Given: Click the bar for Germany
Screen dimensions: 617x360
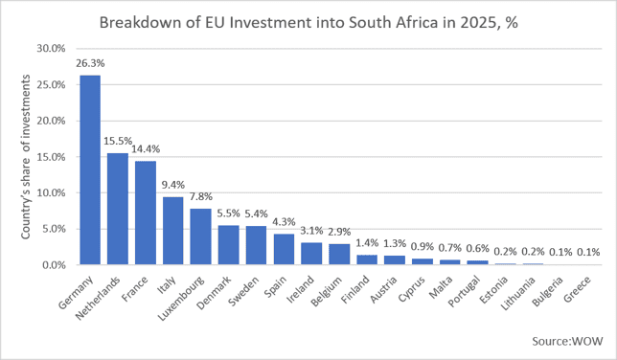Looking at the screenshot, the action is (90, 170).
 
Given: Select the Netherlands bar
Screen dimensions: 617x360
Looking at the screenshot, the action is (118, 209).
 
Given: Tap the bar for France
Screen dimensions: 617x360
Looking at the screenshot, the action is (146, 213).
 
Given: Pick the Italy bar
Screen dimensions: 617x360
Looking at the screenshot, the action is (172, 231).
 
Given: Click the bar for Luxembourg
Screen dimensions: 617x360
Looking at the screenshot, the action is (200, 236).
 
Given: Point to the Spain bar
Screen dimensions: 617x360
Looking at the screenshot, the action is (284, 250).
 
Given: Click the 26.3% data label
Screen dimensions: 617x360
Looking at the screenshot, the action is (90, 63).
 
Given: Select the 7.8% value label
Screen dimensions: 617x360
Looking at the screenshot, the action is (200, 196).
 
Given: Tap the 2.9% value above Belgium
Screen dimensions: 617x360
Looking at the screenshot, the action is (339, 232).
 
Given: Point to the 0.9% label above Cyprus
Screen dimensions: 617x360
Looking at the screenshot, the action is (423, 247).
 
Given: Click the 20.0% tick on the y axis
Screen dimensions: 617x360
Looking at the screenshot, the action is (51, 121).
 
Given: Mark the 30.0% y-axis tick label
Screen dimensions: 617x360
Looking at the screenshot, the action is (51, 49).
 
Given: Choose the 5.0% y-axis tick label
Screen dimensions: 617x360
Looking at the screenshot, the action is (54, 229).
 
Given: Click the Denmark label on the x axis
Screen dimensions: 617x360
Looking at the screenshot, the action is (214, 293).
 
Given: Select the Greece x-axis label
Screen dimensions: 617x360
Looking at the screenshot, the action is (578, 289).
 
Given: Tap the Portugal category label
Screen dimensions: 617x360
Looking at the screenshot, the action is (465, 291).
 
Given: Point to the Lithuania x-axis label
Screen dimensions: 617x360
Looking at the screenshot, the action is (518, 293).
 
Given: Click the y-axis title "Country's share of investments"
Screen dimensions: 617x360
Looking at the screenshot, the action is (26, 157).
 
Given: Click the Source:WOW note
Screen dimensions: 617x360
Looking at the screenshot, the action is (567, 341).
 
